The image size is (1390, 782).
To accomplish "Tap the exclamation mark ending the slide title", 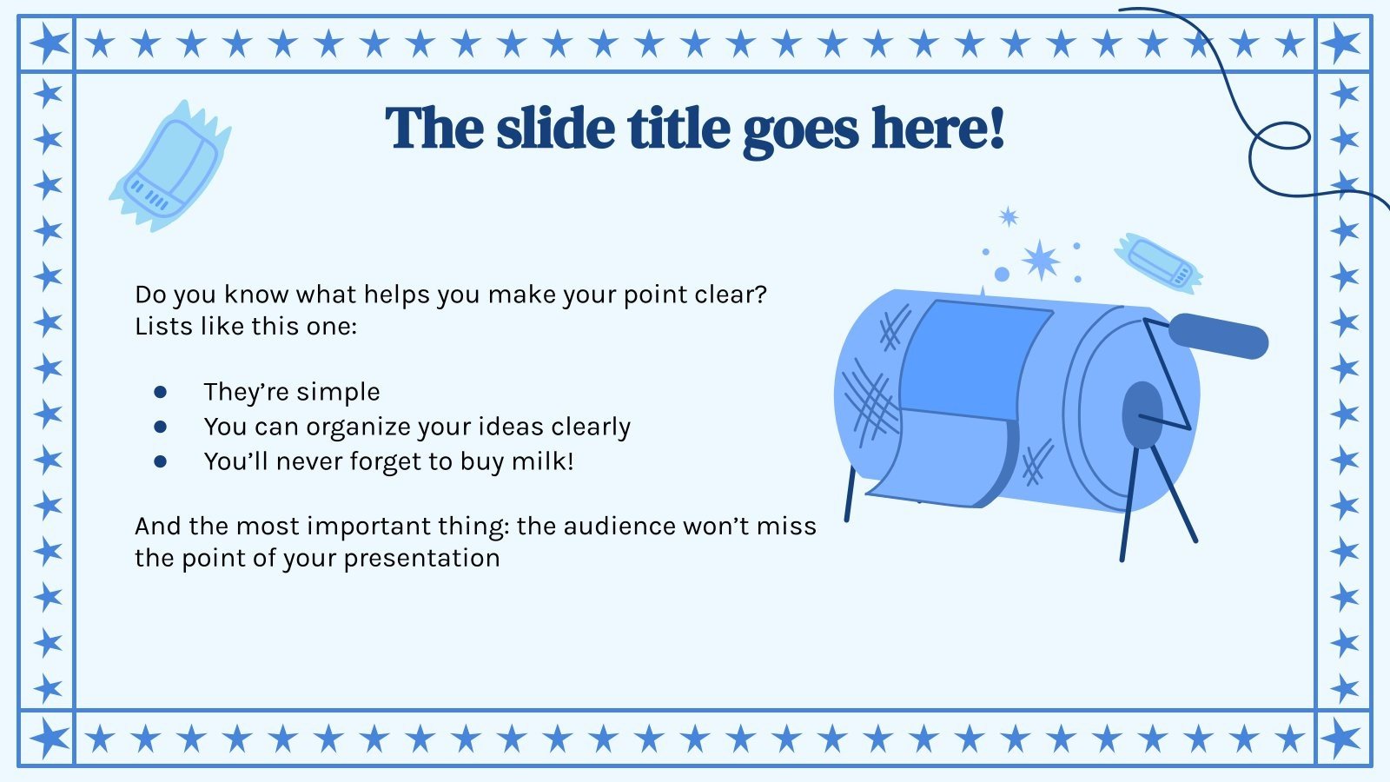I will tap(996, 129).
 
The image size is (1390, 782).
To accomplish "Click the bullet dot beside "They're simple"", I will tap(160, 393).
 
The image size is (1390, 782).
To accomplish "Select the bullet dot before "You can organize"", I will tap(160, 427).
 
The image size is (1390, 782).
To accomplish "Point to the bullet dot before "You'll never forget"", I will tap(160, 461).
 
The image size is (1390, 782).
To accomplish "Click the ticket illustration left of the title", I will tap(171, 166).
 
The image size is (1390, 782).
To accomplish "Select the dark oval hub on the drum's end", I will tap(1142, 415).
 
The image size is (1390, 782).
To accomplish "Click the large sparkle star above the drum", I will tap(1040, 260).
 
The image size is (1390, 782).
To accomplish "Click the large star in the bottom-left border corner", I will tap(48, 739).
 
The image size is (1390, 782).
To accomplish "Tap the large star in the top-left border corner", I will tap(48, 43).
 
